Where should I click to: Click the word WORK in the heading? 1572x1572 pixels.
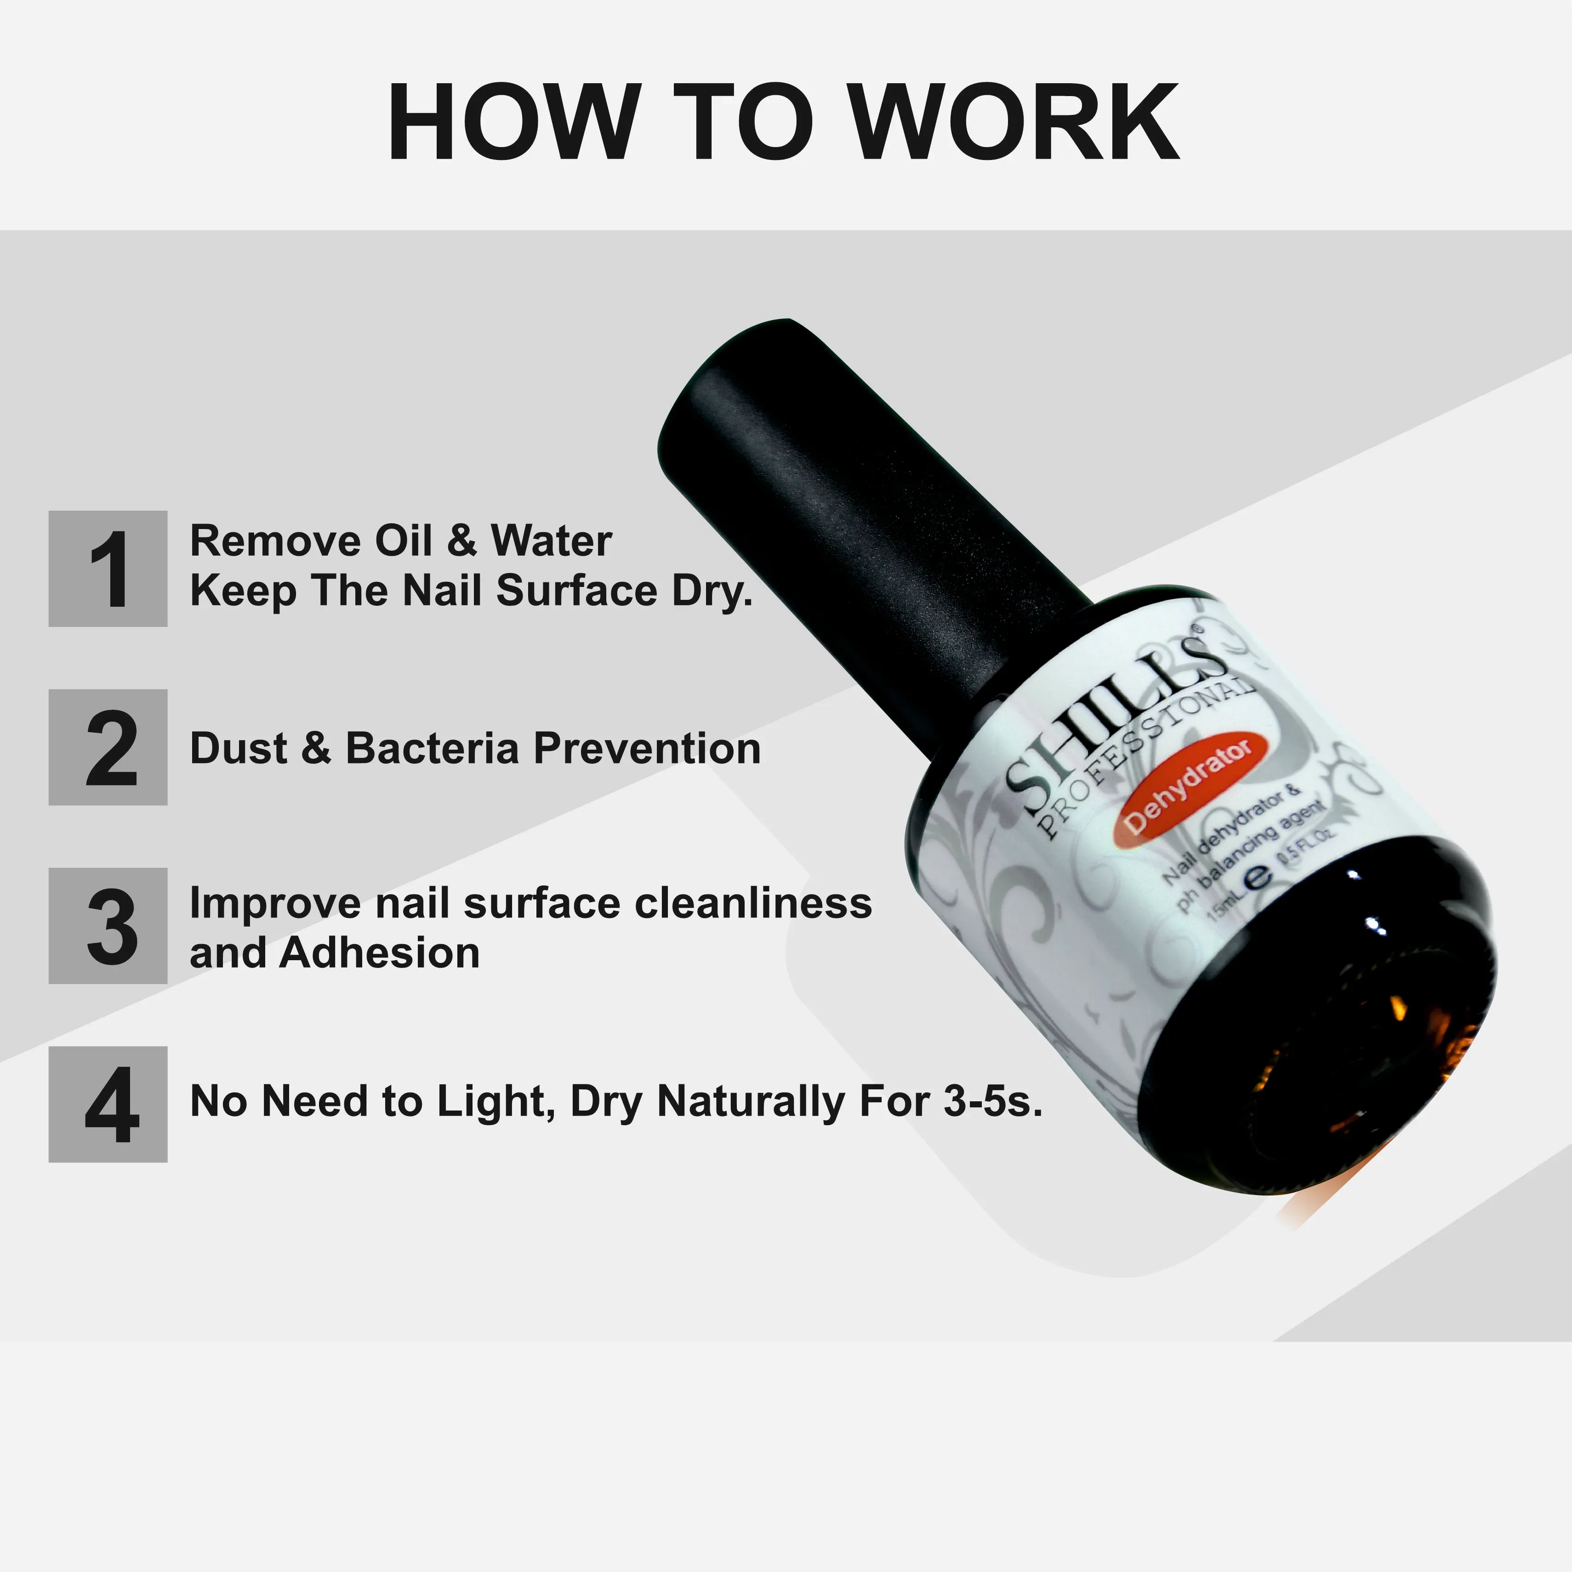[x=1017, y=122]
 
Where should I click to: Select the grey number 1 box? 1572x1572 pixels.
[x=108, y=569]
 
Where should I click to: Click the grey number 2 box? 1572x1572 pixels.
[x=108, y=747]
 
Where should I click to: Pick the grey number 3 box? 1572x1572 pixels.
[x=108, y=926]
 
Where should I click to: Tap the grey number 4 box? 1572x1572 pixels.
[x=108, y=1104]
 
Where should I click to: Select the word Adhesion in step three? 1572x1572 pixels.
[x=379, y=953]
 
